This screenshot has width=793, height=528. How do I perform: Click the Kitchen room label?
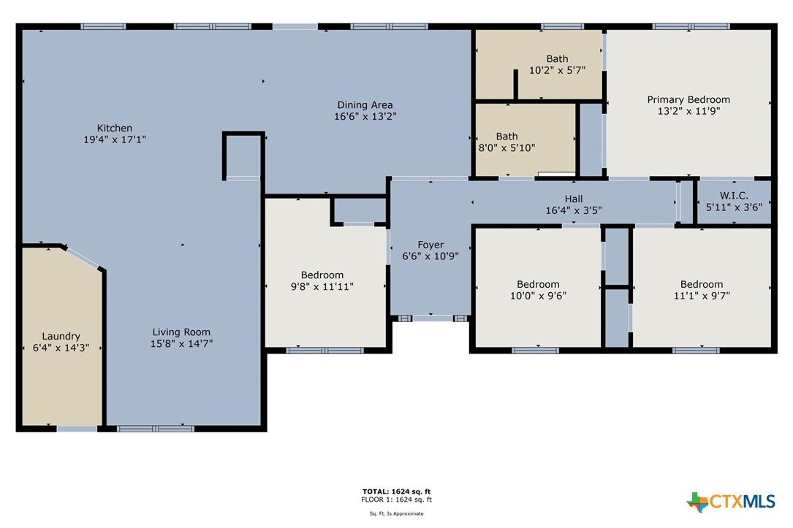tap(115, 129)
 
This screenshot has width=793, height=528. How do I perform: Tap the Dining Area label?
tap(365, 105)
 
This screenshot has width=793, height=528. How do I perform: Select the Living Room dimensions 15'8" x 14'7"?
tap(181, 343)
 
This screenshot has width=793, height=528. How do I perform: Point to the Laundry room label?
tap(61, 337)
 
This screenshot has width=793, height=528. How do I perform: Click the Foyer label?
tap(431, 245)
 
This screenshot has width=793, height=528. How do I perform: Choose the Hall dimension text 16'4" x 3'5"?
tap(574, 210)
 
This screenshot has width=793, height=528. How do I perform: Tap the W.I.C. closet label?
tap(734, 196)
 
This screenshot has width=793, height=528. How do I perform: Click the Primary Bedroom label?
tap(688, 99)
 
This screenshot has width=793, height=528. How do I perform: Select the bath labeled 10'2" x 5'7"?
tap(558, 65)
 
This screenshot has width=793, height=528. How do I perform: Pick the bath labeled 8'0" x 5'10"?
tap(506, 142)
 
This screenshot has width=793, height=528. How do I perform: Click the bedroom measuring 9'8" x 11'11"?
tap(322, 281)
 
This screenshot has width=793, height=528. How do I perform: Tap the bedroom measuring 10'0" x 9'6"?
tap(538, 290)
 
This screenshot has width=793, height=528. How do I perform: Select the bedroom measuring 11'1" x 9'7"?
tap(702, 290)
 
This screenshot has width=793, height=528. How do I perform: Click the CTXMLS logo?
tap(731, 502)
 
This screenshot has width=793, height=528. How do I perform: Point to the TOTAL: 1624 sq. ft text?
tap(396, 491)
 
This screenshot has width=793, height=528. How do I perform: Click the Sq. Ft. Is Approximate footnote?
tap(396, 514)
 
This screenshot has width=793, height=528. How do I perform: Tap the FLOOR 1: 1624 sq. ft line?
tap(396, 500)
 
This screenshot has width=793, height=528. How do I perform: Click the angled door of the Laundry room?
tap(83, 257)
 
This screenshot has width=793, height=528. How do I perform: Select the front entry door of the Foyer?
tap(433, 318)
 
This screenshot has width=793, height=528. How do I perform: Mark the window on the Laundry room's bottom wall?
tap(77, 429)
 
